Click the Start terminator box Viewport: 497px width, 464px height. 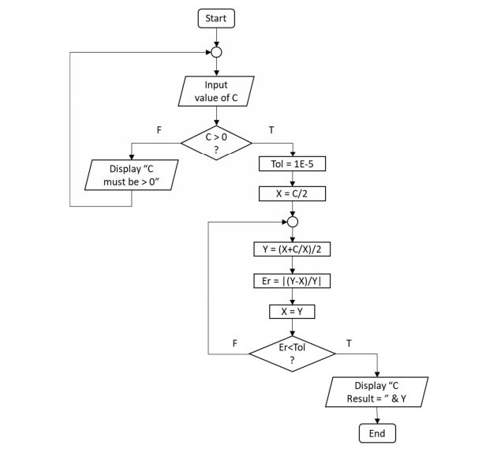tap(216, 18)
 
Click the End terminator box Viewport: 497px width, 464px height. tap(377, 433)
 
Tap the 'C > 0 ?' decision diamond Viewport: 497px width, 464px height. tap(216, 143)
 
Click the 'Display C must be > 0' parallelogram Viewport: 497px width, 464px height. tap(130, 174)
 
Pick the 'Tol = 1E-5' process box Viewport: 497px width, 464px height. tap(293, 164)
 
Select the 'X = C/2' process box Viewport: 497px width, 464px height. tap(293, 193)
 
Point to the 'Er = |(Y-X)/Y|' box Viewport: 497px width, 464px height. tap(293, 281)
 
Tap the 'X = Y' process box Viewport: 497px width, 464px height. tap(293, 310)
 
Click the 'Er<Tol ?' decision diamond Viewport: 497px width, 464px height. tap(293, 352)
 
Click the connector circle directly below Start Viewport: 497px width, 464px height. tap(216, 53)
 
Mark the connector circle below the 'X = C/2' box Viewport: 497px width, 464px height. tap(293, 222)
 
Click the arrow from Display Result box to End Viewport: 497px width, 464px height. tap(377, 416)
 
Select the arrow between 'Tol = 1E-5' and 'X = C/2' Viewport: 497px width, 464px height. tap(293, 178)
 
